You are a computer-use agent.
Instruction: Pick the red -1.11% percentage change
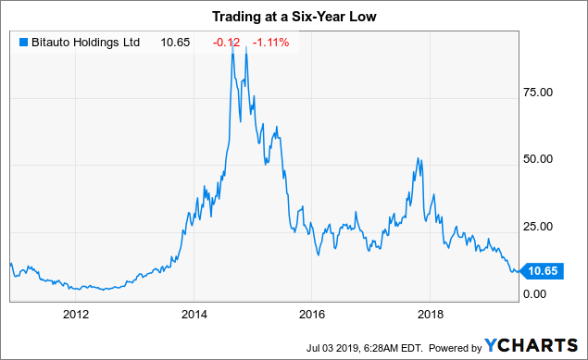[272, 42]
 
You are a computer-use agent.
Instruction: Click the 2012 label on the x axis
[75, 314]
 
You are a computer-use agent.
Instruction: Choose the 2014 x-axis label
[194, 314]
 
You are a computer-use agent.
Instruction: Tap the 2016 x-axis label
[312, 314]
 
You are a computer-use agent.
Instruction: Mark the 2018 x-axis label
[431, 314]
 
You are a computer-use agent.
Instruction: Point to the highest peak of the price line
[232, 45]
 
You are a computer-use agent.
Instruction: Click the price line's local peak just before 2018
[419, 159]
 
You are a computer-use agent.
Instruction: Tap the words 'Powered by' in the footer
[451, 346]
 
